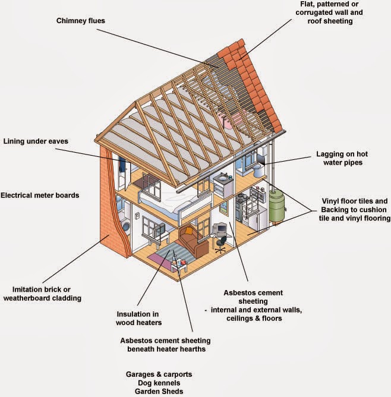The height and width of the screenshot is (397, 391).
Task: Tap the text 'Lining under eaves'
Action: tap(36, 141)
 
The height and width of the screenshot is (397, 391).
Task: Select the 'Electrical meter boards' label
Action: tap(40, 195)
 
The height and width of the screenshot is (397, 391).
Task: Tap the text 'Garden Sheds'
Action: tap(159, 392)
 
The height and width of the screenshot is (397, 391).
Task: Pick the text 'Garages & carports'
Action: tap(159, 375)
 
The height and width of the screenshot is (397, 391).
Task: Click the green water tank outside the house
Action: tap(275, 205)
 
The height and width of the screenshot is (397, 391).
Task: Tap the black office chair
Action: tap(221, 244)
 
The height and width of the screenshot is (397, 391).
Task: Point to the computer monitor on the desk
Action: tap(219, 228)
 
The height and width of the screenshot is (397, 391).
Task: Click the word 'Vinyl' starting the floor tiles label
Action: tap(332, 201)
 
